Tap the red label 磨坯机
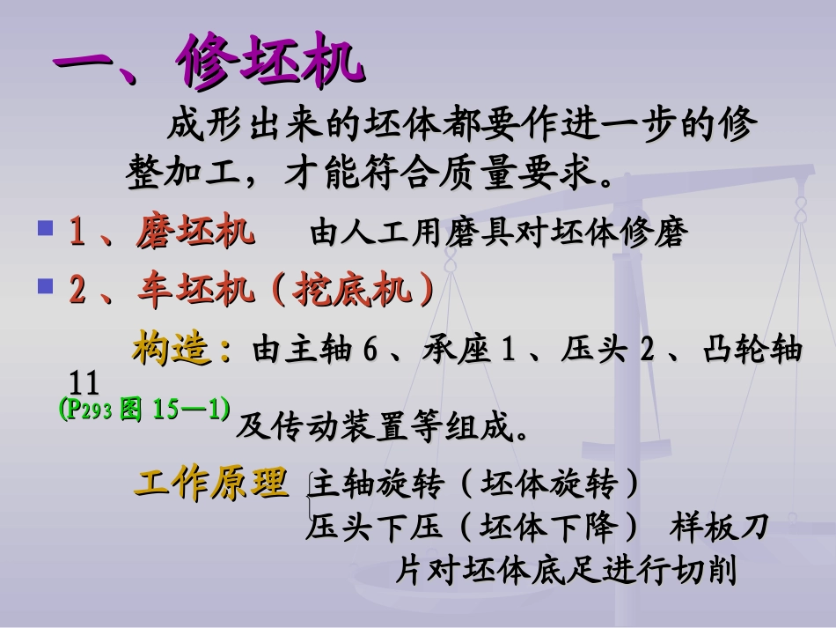[195, 233]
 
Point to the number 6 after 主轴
[370, 351]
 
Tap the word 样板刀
[719, 528]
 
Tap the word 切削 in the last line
[706, 571]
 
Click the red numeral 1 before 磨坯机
[77, 233]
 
